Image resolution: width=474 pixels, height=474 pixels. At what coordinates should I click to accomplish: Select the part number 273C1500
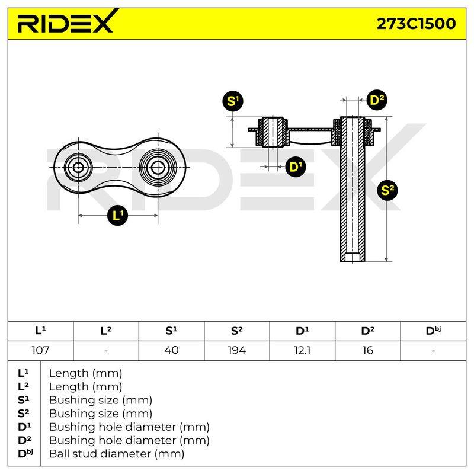[x=416, y=24]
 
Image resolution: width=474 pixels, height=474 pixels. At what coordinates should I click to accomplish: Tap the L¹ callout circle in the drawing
[x=117, y=216]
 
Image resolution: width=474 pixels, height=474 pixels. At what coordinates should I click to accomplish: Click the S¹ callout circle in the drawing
[x=233, y=101]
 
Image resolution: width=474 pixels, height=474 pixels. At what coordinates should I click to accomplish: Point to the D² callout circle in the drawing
[x=377, y=100]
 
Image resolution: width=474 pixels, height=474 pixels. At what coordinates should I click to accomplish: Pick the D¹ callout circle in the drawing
[x=296, y=167]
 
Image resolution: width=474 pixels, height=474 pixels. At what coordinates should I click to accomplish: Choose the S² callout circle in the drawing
[x=387, y=190]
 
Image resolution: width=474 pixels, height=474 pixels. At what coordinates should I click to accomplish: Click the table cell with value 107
[x=40, y=350]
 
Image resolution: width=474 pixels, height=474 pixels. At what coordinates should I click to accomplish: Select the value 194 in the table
[x=236, y=350]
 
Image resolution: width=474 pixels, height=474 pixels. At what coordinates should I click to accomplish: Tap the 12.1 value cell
[x=302, y=350]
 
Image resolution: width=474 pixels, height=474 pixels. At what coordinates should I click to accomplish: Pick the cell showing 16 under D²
[x=367, y=350]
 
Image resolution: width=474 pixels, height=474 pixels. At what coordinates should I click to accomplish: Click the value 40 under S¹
[x=171, y=350]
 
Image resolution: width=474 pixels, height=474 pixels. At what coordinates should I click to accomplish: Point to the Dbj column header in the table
[x=433, y=331]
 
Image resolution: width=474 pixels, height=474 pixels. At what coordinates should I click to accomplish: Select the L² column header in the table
[x=106, y=331]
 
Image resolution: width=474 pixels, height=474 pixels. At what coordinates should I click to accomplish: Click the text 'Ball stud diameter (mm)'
[x=117, y=454]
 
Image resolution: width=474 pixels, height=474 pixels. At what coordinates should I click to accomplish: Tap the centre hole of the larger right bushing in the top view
[x=158, y=167]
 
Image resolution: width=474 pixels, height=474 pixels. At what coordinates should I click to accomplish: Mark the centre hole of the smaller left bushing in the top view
[x=78, y=167]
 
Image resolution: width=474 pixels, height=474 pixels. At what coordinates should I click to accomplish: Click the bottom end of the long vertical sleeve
[x=353, y=261]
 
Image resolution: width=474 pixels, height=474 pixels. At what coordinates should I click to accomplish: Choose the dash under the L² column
[x=106, y=351]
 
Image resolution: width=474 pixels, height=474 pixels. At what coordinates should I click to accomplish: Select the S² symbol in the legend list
[x=23, y=413]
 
